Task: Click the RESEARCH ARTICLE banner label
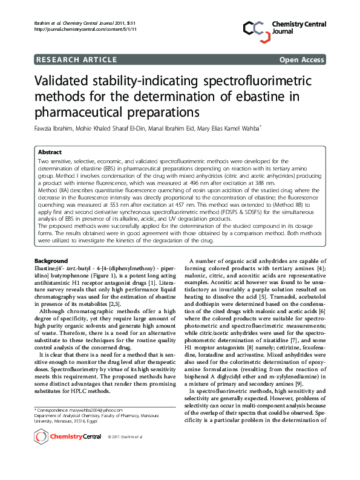(x=77, y=59)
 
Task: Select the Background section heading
(x=51, y=261)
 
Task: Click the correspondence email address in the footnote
(x=90, y=410)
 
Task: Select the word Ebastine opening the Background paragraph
(x=48, y=268)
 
